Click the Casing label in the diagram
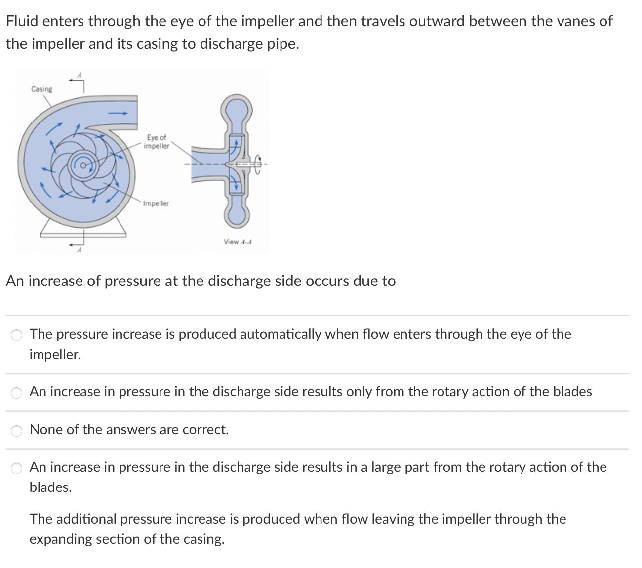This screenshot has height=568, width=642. coord(41,89)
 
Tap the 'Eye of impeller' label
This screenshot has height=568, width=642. coord(157,142)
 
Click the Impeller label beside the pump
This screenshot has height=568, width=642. coord(156,203)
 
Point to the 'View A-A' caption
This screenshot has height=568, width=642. coord(238,242)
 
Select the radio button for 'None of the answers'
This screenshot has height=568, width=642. coord(17,431)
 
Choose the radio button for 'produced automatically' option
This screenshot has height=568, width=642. coord(17,335)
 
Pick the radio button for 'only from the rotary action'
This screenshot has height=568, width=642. coord(17,393)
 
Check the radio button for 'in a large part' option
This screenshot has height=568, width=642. coord(17,468)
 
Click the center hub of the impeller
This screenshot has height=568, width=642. coord(84,164)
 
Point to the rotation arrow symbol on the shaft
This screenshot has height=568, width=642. coord(259,164)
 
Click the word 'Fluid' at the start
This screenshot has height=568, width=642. coord(22,21)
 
